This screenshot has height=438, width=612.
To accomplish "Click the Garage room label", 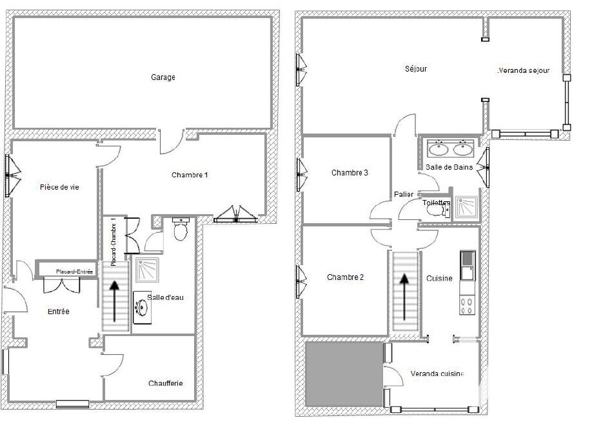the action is [163, 77].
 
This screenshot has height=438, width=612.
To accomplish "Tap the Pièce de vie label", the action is [59, 187].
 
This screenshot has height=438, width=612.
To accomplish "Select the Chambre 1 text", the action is [190, 175].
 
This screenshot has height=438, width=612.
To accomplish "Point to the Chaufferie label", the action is [166, 383].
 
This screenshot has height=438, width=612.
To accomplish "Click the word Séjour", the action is [416, 69].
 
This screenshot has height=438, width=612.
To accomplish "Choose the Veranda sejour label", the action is [524, 71].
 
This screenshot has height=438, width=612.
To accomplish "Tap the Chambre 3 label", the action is [350, 172].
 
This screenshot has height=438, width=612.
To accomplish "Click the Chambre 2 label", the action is [345, 277].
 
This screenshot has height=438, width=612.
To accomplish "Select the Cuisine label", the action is [439, 278].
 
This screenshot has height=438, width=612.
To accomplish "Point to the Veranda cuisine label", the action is [437, 373].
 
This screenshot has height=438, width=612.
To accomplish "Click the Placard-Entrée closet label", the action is [74, 272].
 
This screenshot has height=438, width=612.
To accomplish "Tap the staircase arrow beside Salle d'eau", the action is [114, 301].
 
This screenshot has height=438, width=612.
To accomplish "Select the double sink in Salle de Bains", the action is [450, 149].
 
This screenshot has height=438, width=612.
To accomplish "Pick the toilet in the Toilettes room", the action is [437, 210].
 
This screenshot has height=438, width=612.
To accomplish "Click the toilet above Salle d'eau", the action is [181, 230].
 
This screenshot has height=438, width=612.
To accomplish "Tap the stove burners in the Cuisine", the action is [467, 305].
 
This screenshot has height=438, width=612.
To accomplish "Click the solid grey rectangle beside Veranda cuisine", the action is [344, 374].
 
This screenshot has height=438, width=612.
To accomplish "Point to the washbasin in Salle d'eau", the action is [142, 308].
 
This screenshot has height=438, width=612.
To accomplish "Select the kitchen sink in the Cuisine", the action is [467, 266].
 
